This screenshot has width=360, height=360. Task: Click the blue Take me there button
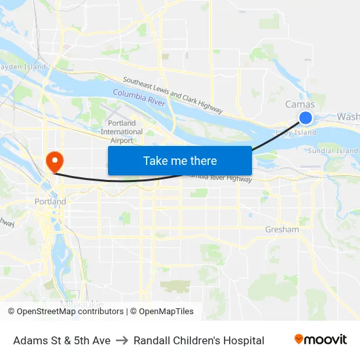(x=180, y=160)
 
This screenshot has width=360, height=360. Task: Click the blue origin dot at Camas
(x=306, y=118)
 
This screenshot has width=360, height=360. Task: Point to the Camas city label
(x=300, y=105)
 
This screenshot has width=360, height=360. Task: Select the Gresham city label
(x=282, y=230)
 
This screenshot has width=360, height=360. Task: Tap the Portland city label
(x=50, y=202)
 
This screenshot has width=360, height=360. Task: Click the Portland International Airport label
(x=122, y=132)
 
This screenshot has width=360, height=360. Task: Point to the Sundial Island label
(x=333, y=151)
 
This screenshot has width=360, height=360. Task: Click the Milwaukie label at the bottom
(x=82, y=304)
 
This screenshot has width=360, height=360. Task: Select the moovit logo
(x=321, y=340)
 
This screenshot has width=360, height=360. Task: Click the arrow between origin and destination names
(x=122, y=340)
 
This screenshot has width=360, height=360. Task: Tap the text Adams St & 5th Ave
(x=62, y=340)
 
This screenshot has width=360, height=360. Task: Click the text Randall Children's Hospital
(x=199, y=340)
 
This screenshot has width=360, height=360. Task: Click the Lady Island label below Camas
(x=296, y=133)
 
